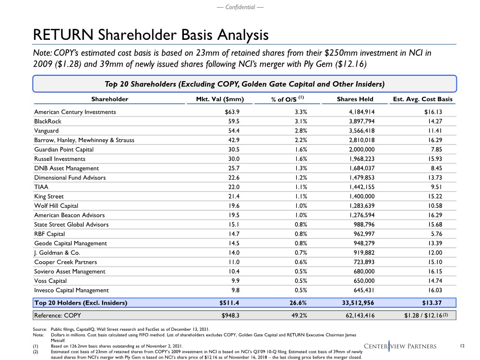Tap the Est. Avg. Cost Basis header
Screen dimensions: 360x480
423,99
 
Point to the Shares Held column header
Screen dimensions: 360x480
355,99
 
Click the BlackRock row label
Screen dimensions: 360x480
48,121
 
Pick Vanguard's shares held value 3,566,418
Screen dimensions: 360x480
368,131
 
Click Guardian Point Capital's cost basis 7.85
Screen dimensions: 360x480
445,149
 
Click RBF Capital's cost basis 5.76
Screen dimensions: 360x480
445,234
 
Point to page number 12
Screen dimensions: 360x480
462,345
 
